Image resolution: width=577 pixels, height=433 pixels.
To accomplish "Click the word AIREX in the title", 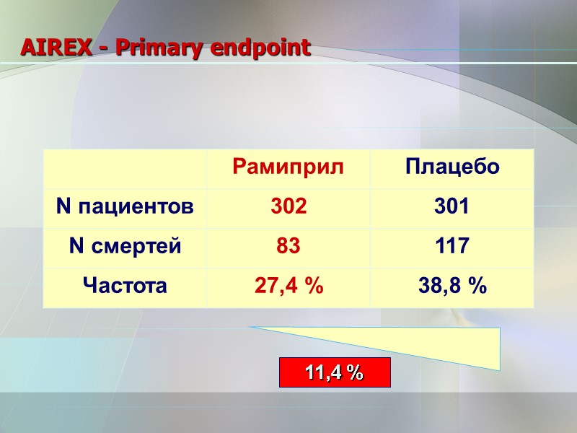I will (54, 48).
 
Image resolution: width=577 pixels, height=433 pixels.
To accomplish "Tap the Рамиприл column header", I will (288, 168).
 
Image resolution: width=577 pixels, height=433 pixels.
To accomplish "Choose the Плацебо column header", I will (452, 168).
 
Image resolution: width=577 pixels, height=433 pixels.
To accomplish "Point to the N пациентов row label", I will (125, 208).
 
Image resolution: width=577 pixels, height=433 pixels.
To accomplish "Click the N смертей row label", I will (125, 247).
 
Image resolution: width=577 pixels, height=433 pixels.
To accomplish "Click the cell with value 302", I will (288, 208).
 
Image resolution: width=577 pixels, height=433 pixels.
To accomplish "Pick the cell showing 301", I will (452, 208).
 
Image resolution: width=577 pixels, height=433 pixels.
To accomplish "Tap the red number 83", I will (288, 247).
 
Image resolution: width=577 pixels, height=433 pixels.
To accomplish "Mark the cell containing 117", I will (452, 247).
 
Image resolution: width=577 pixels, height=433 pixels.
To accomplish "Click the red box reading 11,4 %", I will (335, 372).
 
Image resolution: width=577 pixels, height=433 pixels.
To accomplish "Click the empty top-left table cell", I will (125, 168).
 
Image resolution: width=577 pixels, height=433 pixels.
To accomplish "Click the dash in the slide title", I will (104, 49).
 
